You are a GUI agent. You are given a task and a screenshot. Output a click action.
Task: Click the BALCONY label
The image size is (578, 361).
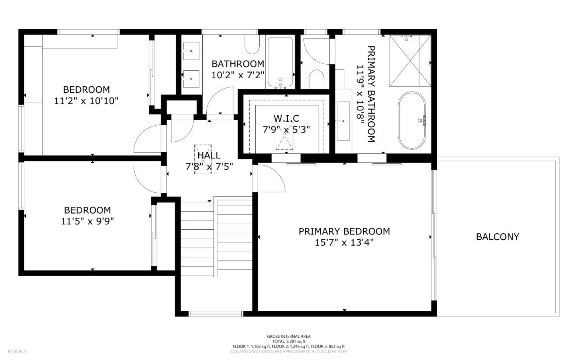497,237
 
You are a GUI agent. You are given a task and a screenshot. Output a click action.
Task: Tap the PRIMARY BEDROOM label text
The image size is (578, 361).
344,231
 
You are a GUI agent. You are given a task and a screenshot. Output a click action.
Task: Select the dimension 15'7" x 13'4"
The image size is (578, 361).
344,243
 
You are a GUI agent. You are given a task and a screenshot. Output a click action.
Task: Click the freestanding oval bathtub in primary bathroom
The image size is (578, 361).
412,120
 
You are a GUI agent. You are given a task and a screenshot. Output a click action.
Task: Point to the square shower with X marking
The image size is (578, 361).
410,61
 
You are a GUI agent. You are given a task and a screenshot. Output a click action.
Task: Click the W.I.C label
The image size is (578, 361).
286,118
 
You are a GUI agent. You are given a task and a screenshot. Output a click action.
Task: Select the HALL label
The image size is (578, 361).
209,155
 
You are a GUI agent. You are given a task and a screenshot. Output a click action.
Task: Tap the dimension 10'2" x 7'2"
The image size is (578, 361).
238,75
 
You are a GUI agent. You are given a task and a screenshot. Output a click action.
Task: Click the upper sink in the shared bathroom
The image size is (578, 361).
191,51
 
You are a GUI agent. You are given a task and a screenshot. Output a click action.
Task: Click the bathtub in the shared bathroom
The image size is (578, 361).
280,62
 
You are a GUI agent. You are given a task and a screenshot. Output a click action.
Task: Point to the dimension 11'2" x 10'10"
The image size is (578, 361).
86,100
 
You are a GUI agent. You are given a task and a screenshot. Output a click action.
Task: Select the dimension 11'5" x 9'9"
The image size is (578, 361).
87,221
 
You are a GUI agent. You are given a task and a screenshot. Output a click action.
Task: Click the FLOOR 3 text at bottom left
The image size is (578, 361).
17,352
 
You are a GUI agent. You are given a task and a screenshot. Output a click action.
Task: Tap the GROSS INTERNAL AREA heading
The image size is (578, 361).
289,337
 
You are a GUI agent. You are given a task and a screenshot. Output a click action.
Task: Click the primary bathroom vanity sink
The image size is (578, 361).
343,120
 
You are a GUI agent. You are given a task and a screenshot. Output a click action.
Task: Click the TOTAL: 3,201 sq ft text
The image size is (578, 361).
289,341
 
